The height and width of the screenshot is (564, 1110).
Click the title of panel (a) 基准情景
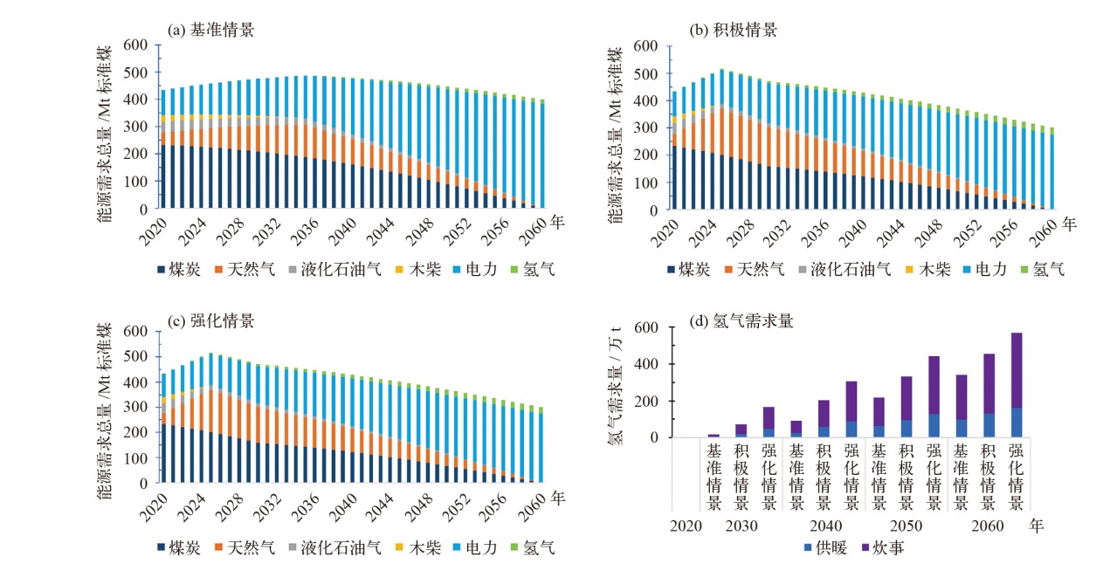(210, 30)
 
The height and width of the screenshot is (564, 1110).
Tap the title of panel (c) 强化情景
(210, 321)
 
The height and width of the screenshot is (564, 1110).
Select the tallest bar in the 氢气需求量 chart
(1015, 384)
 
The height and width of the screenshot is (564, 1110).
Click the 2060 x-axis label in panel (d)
(987, 526)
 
